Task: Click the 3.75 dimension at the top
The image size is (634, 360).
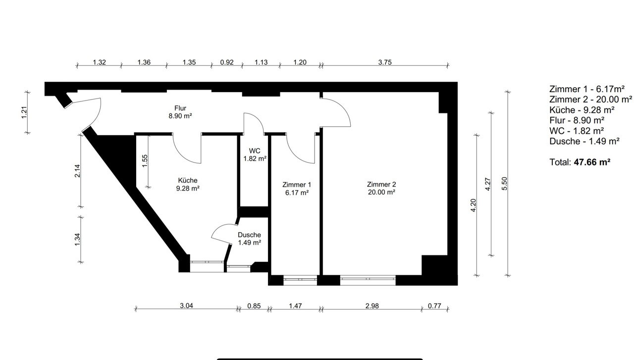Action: [385, 62]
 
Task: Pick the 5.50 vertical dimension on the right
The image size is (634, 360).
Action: [504, 183]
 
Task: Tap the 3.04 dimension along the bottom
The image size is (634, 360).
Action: [187, 306]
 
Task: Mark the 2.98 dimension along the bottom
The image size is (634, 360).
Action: [371, 306]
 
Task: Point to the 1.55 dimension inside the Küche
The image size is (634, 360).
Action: [145, 161]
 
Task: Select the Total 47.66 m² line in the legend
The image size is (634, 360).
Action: [579, 162]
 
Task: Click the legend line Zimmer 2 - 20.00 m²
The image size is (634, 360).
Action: [590, 100]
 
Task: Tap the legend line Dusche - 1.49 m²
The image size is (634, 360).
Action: [584, 141]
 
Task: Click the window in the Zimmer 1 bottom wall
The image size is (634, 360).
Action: [300, 280]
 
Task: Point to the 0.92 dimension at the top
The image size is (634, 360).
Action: [227, 62]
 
